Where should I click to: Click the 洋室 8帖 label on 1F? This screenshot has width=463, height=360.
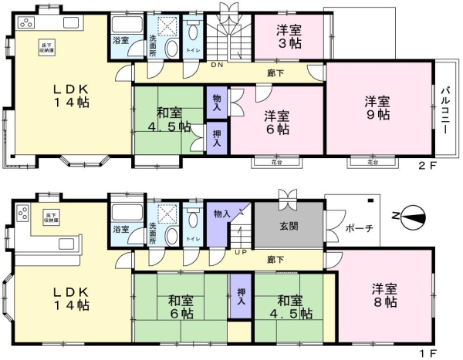384,296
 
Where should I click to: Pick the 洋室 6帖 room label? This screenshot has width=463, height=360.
278,123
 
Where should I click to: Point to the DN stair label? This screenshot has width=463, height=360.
218,66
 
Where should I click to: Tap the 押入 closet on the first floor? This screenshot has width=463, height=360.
241,297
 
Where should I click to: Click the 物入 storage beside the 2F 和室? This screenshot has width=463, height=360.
217,103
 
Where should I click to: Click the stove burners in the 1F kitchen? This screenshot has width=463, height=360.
22,214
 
